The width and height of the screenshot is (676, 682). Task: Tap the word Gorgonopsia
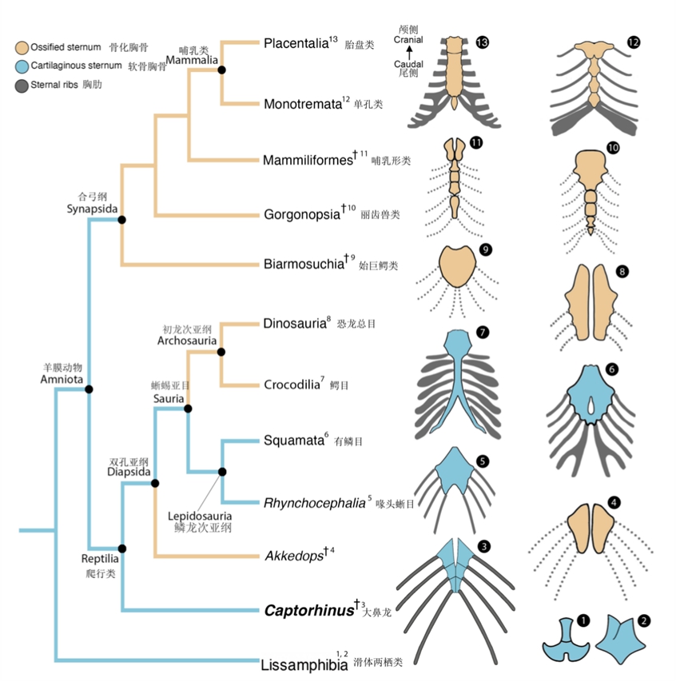pyautogui.click(x=300, y=214)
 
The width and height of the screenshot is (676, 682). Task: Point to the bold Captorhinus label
pyautogui.click(x=308, y=611)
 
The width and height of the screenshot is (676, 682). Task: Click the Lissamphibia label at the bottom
pyautogui.click(x=304, y=663)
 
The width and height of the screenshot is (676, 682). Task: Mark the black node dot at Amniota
pyautogui.click(x=89, y=389)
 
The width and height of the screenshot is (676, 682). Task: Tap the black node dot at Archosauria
pyautogui.click(x=221, y=352)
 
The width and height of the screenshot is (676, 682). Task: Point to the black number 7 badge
pyautogui.click(x=482, y=331)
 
